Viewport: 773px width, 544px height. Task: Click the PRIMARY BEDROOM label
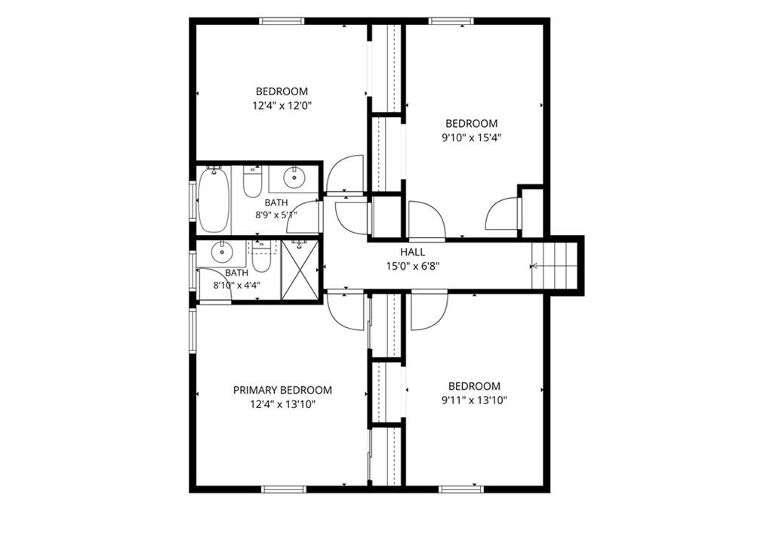(282, 390)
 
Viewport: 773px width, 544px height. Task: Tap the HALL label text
(413, 252)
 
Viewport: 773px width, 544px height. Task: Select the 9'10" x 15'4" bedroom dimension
(471, 138)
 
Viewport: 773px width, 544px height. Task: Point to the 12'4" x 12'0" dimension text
(282, 106)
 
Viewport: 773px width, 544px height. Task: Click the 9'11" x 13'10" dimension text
(474, 400)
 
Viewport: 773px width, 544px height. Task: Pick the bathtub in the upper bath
(214, 199)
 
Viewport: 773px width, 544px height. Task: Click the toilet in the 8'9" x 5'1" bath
(252, 182)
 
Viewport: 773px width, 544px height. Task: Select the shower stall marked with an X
(300, 270)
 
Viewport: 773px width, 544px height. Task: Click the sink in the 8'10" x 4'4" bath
(223, 252)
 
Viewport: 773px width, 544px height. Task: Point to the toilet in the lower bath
(261, 257)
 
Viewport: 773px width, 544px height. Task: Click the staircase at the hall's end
(554, 266)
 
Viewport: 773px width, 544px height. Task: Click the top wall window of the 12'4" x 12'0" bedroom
(282, 20)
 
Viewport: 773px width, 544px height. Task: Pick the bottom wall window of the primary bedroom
(284, 489)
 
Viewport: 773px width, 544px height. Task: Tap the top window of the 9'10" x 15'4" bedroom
(451, 20)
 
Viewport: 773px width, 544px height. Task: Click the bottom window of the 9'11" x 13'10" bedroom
(461, 489)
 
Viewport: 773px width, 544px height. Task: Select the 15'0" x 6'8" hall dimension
(413, 267)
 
